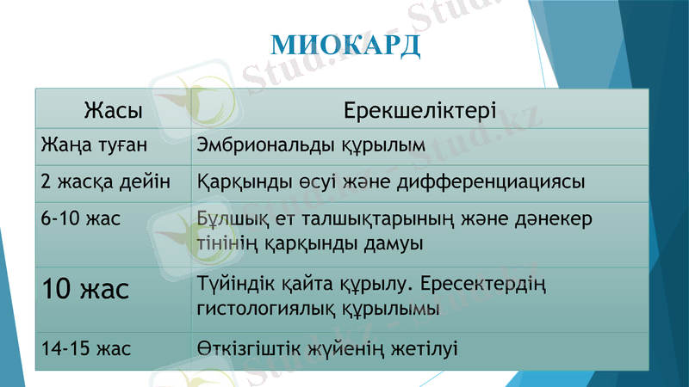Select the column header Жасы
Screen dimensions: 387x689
(113, 110)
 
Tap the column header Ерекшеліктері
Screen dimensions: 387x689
(419, 110)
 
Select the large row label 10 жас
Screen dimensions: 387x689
(85, 288)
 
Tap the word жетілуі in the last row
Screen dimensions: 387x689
(426, 348)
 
